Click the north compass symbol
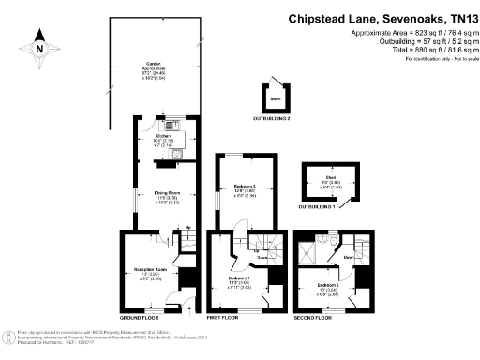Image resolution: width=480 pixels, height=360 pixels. (x=39, y=45)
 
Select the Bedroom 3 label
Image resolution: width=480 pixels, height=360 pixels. (x=327, y=285)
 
